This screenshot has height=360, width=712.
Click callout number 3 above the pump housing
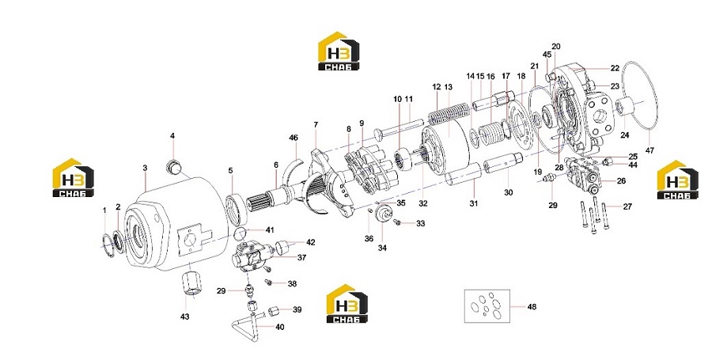pos(145,168)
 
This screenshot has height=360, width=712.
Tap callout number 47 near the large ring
pos(650,150)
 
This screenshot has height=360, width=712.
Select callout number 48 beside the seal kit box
pos(532,307)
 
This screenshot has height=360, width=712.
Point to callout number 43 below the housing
pos(185,316)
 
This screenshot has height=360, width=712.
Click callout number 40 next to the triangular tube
pos(280,327)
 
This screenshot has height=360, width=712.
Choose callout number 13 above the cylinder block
pos(449,87)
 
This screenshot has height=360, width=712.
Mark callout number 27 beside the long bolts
pos(627,207)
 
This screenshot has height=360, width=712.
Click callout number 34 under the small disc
pos(382,248)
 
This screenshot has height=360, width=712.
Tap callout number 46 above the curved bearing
pos(294,138)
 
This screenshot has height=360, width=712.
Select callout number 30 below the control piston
pos(509,192)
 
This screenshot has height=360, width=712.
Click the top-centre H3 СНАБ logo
pos(339,51)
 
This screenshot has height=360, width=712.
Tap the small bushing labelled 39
pos(275,312)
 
